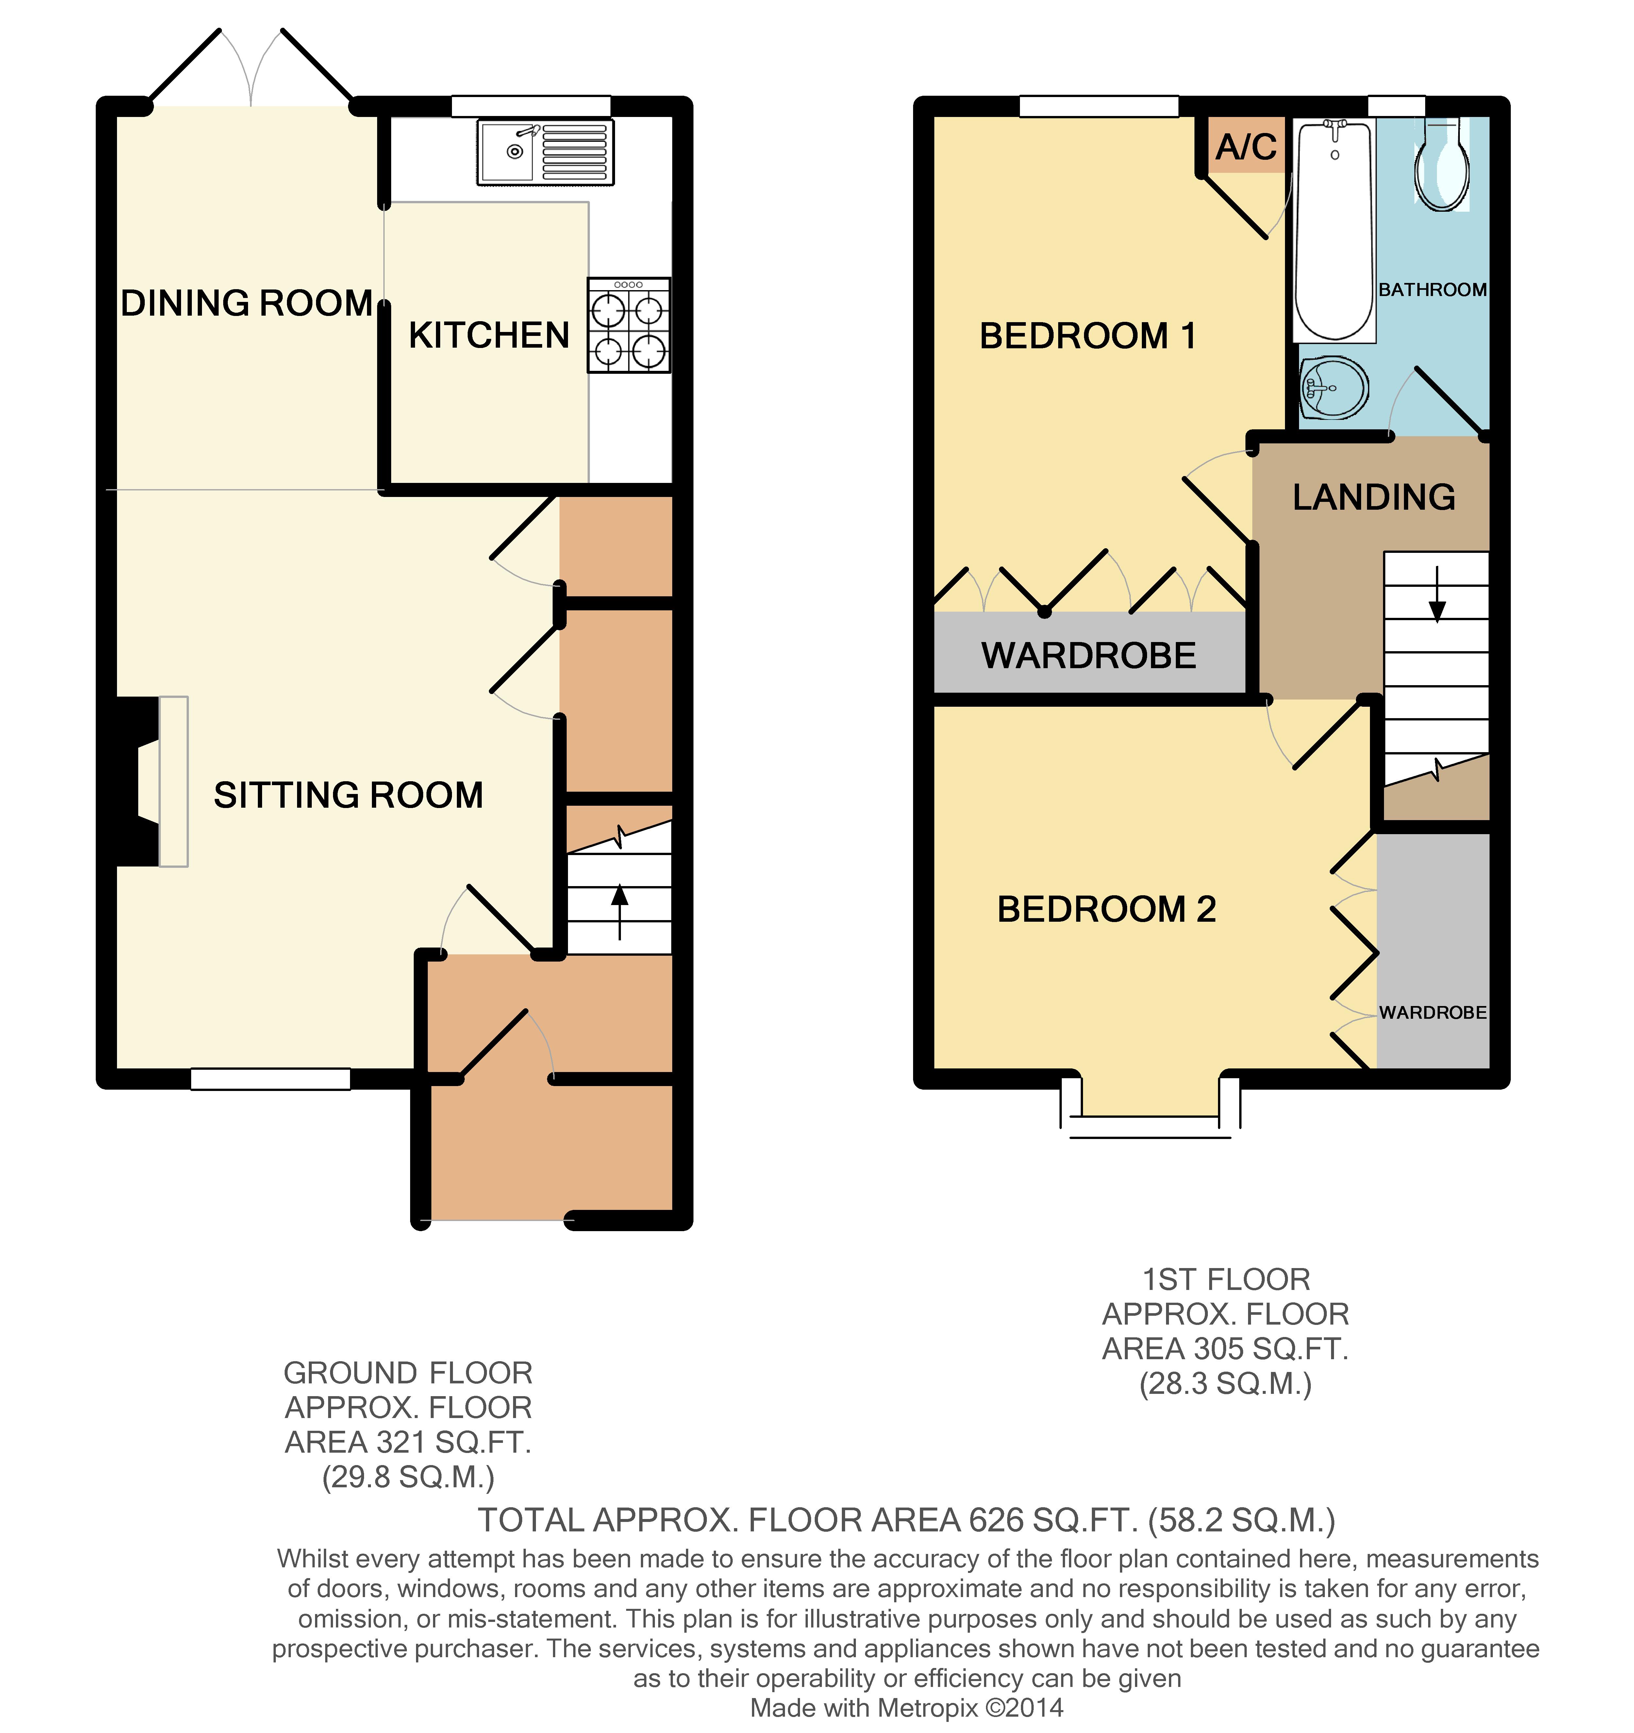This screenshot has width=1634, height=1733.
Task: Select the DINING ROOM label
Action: click(247, 303)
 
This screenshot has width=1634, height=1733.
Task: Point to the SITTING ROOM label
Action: click(349, 795)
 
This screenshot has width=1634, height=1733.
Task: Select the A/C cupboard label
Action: click(1247, 146)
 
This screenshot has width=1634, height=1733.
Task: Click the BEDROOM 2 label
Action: click(1107, 909)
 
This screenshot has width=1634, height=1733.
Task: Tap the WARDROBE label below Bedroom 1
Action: click(1089, 655)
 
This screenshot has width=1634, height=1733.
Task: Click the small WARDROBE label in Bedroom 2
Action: click(1433, 1012)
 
